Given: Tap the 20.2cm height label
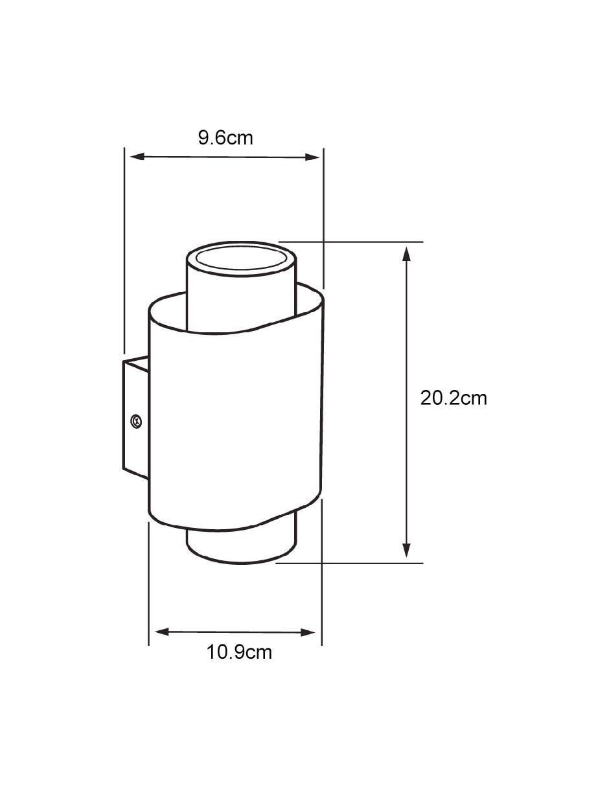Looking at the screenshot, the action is pos(454,398).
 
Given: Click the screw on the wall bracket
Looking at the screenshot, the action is pos(136,421).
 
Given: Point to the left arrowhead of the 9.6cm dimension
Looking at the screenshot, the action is pos(137,157).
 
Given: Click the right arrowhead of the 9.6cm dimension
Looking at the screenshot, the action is pos(312,157).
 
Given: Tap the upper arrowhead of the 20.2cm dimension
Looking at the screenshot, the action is pos(407,253).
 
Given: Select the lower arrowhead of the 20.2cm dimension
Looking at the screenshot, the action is pos(407,549).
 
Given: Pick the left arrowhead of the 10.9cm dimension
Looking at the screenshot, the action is pos(162,632).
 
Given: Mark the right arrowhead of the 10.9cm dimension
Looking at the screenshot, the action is pos(308,633).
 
